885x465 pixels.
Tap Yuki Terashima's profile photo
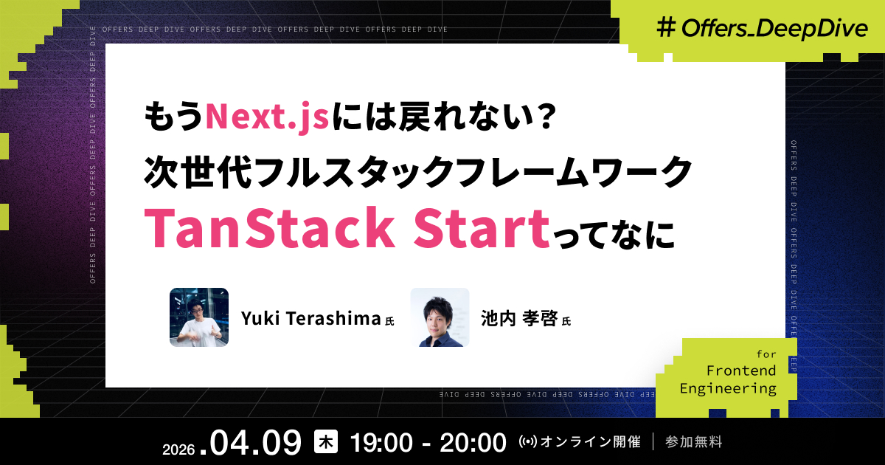click(x=199, y=317)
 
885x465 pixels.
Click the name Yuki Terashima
click(x=310, y=318)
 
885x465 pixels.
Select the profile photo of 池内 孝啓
click(x=440, y=317)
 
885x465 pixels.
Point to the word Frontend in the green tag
click(x=741, y=371)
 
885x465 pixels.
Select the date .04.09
click(x=255, y=443)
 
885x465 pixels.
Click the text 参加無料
click(x=693, y=443)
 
